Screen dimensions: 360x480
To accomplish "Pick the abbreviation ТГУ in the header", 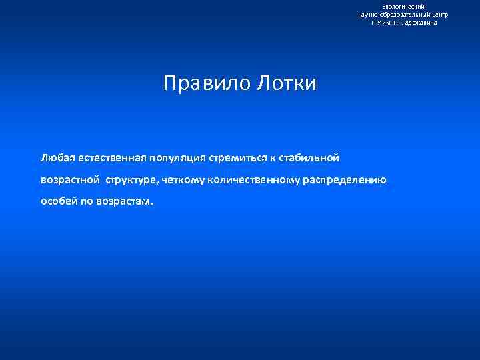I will coord(378,22).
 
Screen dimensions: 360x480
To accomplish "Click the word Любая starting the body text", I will coord(57,158).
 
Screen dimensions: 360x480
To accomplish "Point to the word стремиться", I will coord(240,158).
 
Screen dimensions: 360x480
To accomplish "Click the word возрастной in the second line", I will coord(70,180).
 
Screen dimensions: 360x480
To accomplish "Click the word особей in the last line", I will coord(59,201).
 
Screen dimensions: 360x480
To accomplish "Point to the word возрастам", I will coord(127,201).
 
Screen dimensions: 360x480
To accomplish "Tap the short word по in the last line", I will coord(89,201).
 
